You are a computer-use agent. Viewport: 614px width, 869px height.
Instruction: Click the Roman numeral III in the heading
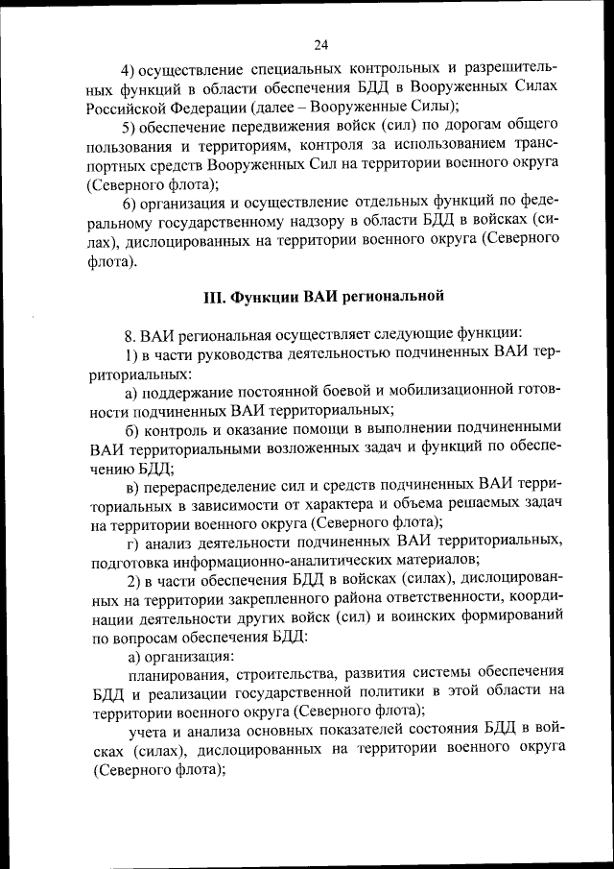click(x=213, y=296)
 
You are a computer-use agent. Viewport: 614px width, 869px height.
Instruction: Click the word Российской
click(x=132, y=107)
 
